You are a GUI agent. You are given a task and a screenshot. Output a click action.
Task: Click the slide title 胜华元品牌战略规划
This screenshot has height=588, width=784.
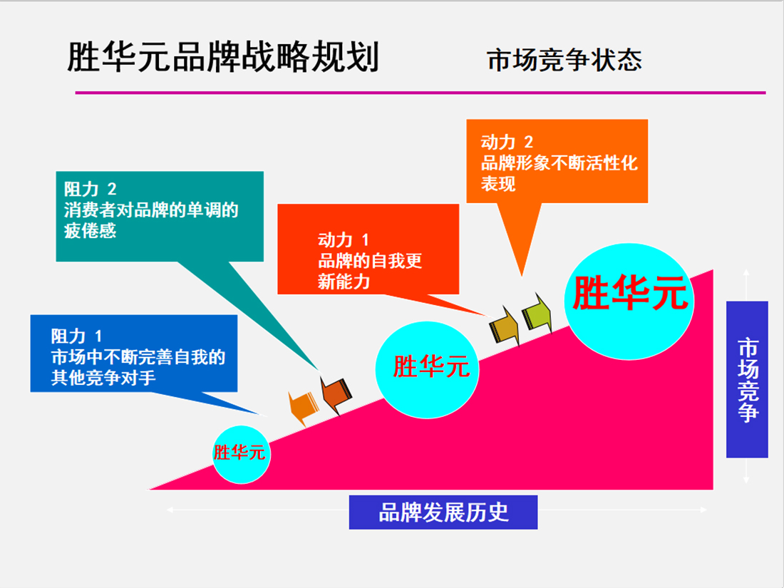[x=222, y=58]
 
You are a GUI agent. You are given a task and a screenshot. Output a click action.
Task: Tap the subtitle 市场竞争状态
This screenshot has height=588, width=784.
[x=564, y=60]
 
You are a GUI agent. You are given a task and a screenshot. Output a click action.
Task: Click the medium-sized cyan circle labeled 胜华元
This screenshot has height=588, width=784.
[x=428, y=367]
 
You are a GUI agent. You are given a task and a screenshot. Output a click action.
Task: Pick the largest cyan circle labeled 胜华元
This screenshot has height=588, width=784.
[x=628, y=300]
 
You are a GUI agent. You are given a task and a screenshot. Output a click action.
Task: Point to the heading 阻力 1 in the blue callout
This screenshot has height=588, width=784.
[x=77, y=335]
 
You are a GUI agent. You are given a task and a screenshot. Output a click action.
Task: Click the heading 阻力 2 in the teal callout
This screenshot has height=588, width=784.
[x=90, y=190]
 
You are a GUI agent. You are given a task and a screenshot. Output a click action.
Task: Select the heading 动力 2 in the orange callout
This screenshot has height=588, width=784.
[x=507, y=142]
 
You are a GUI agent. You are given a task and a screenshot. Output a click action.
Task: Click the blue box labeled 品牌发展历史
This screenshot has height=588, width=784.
[x=443, y=512]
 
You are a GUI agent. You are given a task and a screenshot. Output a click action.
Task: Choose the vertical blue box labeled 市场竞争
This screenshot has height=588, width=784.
[x=747, y=379]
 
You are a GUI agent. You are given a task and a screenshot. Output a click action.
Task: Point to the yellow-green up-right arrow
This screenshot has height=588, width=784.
[x=537, y=312]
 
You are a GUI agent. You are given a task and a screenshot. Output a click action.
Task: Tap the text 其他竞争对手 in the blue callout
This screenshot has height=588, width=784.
[x=103, y=377]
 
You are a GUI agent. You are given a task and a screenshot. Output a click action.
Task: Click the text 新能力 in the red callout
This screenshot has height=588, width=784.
[x=344, y=282]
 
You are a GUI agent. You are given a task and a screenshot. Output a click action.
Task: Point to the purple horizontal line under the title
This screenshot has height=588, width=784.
[x=421, y=93]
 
